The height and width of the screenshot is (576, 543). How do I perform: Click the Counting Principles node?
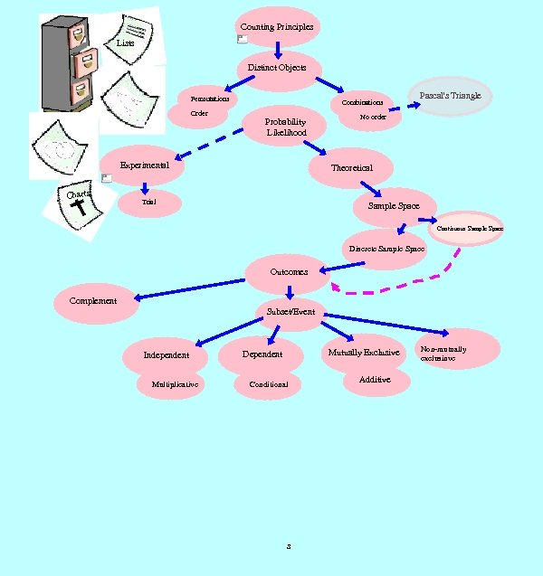[277, 27]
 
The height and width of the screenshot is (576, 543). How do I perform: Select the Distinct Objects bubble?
[277, 68]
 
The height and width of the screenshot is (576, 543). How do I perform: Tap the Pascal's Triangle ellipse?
[450, 96]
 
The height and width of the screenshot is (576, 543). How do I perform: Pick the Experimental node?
[145, 165]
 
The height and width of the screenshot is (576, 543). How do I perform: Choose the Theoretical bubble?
[351, 168]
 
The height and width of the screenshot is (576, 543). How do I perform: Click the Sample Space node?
[394, 206]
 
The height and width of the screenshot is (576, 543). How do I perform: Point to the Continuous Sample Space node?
[470, 229]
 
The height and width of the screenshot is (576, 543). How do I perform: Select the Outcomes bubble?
[289, 271]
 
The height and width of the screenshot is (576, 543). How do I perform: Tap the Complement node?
[93, 300]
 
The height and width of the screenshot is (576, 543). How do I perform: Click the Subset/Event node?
[291, 312]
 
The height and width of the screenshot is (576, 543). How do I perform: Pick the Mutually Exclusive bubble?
[363, 352]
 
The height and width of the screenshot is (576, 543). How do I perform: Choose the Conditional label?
[269, 384]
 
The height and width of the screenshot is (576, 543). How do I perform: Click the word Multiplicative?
[175, 384]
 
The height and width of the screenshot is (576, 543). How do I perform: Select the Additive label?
[375, 380]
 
